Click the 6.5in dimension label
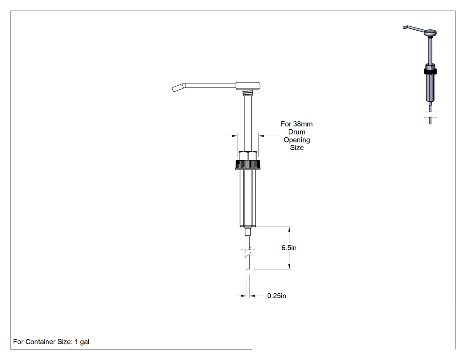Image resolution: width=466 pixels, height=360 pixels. [289, 248]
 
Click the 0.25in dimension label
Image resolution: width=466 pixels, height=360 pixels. [276, 296]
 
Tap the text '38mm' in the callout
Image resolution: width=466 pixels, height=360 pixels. [303, 124]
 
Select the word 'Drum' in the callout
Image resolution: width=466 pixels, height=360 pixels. [296, 132]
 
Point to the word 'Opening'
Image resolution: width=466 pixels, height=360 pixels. [296, 140]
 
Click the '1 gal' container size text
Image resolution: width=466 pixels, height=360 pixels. [82, 342]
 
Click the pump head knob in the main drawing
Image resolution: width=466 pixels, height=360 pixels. [248, 86]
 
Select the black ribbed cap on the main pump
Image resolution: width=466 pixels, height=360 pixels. [248, 165]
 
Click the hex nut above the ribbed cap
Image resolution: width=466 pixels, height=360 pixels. [248, 156]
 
